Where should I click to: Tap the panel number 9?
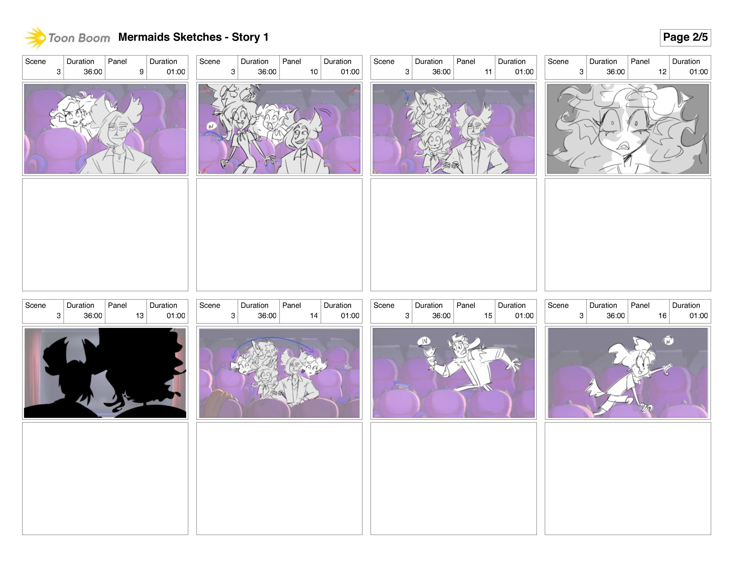click(141, 72)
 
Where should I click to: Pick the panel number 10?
click(314, 72)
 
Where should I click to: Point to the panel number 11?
click(488, 72)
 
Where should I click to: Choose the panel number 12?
click(662, 72)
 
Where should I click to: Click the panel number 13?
click(139, 316)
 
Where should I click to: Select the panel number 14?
click(314, 316)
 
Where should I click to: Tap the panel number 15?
click(488, 316)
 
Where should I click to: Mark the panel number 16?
click(662, 316)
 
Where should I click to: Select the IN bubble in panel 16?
click(668, 341)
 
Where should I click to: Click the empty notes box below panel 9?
click(105, 235)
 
